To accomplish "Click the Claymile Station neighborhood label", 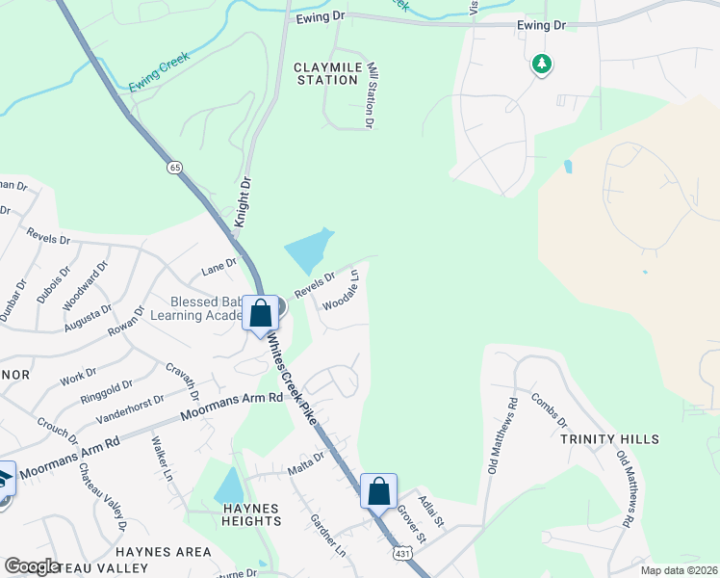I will tap(326, 73).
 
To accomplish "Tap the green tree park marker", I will tap(541, 65).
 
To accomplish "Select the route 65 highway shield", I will tap(174, 167).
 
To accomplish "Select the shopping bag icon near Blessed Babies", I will tap(260, 314).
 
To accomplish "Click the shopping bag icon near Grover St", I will tap(379, 490).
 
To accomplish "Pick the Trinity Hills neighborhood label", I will tap(609, 439).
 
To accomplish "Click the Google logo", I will tap(32, 566).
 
